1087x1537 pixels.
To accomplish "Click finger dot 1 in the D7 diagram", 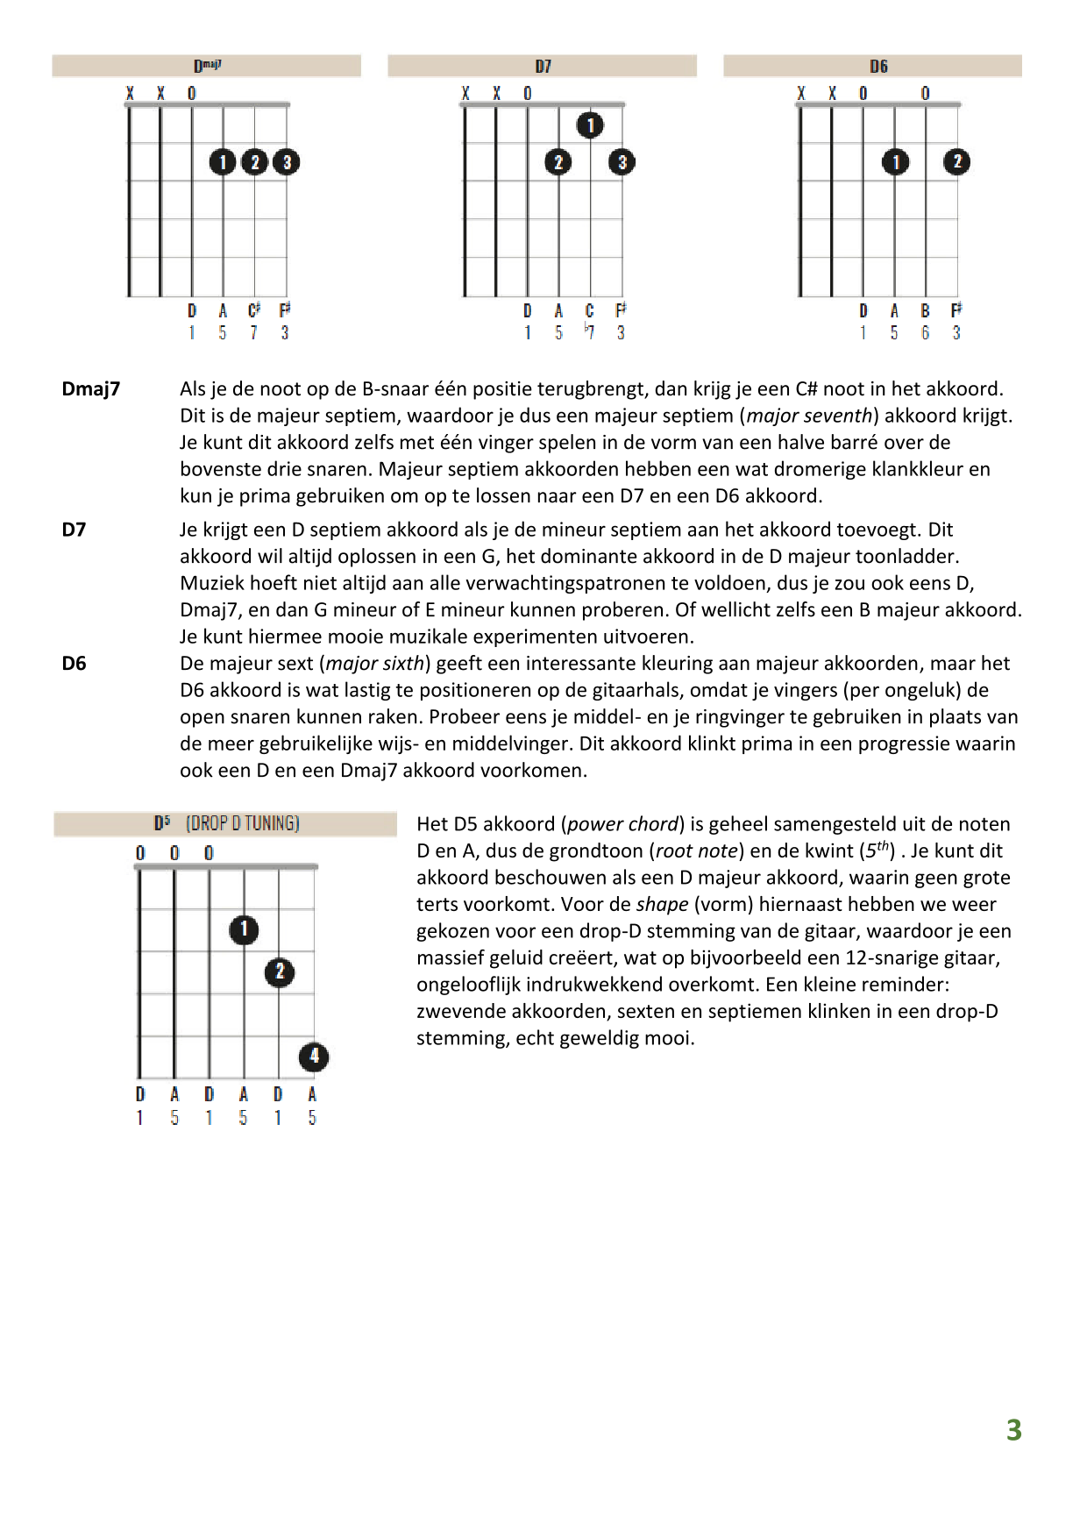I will [x=590, y=125].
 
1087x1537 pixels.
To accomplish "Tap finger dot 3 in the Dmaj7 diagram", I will [x=287, y=161].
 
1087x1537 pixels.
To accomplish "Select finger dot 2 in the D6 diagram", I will [x=956, y=161].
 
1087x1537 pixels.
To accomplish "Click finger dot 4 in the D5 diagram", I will [x=314, y=1057].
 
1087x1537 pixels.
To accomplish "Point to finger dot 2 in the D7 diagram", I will [x=558, y=161].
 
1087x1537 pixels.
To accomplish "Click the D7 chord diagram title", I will [x=543, y=67].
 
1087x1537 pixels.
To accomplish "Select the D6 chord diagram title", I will [x=878, y=67].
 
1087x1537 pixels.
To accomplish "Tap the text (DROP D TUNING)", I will [x=243, y=823].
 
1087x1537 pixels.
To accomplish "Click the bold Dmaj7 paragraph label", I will [x=91, y=389].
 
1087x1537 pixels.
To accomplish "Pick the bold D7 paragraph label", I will [x=75, y=530].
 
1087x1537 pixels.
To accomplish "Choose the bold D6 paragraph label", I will [x=75, y=664].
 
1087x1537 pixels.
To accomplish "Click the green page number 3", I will [x=1014, y=1431].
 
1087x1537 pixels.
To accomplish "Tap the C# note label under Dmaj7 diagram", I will [x=254, y=310].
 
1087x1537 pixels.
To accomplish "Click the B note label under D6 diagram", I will [x=925, y=310].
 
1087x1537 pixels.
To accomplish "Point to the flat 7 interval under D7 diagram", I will [x=589, y=332].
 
